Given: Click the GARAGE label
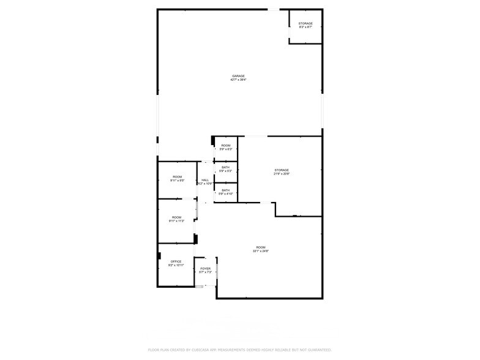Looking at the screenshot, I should tap(238, 76).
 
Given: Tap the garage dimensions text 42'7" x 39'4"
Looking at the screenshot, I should tap(238, 80).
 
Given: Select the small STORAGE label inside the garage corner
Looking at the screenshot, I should tap(306, 23).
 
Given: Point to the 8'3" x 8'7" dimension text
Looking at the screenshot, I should tap(306, 27).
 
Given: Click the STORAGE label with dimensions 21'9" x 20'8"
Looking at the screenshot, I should tap(281, 170).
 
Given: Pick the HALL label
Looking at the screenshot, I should tap(205, 180).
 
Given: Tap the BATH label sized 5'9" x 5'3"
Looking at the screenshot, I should tap(226, 167).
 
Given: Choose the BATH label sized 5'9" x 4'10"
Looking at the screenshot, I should tap(226, 190).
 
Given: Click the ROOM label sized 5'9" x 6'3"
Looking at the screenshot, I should tap(226, 145).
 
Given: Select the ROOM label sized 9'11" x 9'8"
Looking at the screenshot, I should tap(177, 177).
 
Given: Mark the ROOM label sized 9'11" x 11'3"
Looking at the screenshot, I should tap(177, 217).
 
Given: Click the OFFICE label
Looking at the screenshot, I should tap(176, 261).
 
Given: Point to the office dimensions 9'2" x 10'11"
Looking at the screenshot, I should tap(176, 266).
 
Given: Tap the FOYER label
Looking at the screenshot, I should tap(206, 268).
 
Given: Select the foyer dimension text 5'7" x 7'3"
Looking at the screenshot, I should tap(206, 272).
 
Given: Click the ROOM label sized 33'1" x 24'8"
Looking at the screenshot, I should tap(261, 247).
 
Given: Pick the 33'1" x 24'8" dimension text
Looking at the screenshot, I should tap(261, 251).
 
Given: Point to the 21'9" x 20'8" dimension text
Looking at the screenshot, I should tap(281, 174).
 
